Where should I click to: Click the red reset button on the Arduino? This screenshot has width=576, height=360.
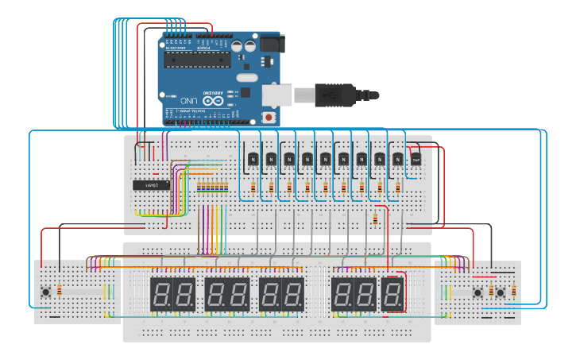tap(269, 117)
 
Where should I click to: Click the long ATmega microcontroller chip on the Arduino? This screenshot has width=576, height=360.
tap(197, 59)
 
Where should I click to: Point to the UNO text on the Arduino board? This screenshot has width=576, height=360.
tap(188, 102)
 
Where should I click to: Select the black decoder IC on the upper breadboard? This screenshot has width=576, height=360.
tap(151, 185)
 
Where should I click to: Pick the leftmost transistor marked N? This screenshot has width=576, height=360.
tap(253, 159)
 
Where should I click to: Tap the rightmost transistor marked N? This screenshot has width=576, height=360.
tap(397, 159)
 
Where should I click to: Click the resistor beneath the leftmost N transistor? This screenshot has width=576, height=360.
tap(253, 188)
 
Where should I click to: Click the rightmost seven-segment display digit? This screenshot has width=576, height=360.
tap(392, 294)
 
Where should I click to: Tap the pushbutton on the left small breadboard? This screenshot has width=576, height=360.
tap(46, 292)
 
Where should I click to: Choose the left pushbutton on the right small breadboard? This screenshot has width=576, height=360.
tap(478, 292)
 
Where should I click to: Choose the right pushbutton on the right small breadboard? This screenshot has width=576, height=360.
tap(501, 292)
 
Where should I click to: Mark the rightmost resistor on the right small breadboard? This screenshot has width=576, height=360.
tap(513, 291)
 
